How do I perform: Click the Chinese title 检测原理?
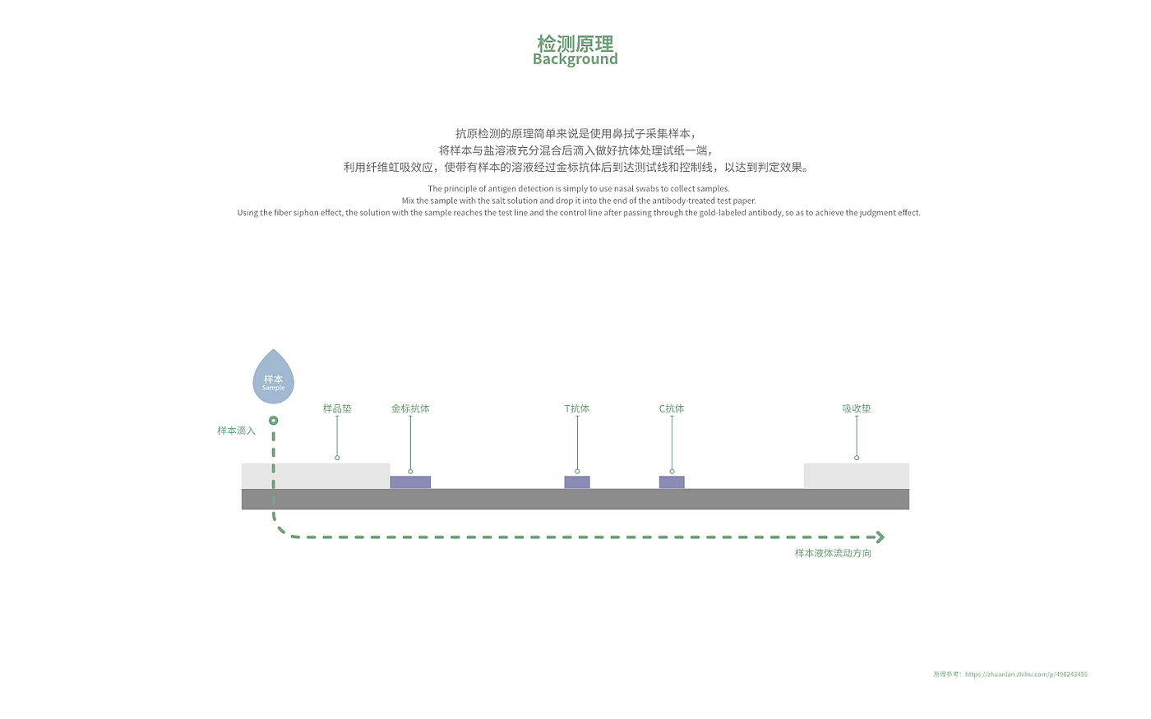(575, 43)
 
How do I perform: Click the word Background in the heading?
(575, 59)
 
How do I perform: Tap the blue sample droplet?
(273, 379)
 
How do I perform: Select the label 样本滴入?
(236, 431)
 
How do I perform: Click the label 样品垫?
(337, 408)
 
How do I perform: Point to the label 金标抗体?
(410, 408)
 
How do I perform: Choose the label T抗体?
(577, 408)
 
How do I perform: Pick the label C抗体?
(672, 408)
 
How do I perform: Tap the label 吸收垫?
(857, 408)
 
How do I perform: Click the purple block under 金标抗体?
(410, 482)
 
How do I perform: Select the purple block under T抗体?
(577, 482)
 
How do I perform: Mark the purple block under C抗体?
(672, 482)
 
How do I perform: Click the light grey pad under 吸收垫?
(857, 476)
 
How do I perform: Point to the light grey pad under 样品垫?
(329, 476)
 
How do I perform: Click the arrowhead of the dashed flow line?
(881, 537)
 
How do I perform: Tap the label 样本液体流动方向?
(833, 553)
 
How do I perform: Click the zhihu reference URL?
(1026, 675)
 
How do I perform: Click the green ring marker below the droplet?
(273, 421)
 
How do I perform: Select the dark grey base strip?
(575, 499)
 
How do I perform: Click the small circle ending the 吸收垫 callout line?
(857, 458)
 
